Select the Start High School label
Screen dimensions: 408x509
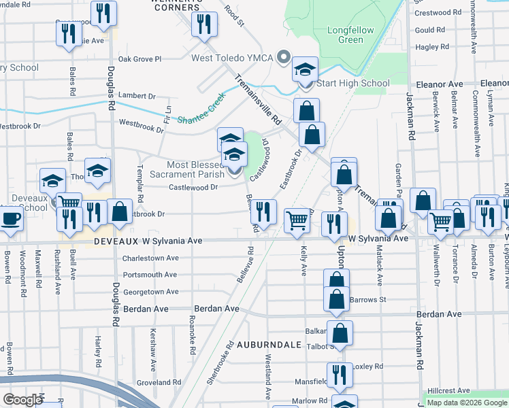[353, 84]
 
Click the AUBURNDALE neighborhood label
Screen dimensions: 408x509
[268, 345]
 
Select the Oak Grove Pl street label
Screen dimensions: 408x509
[139, 59]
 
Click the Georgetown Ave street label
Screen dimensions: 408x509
[150, 292]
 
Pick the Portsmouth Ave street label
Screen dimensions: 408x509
[150, 275]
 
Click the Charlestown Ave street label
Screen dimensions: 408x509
[150, 258]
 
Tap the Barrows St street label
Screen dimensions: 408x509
[367, 299]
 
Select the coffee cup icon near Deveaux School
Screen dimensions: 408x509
[10, 219]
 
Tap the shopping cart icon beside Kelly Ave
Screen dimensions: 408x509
[297, 220]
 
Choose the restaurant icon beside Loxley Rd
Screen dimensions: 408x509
[340, 374]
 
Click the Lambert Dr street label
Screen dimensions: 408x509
[137, 95]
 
